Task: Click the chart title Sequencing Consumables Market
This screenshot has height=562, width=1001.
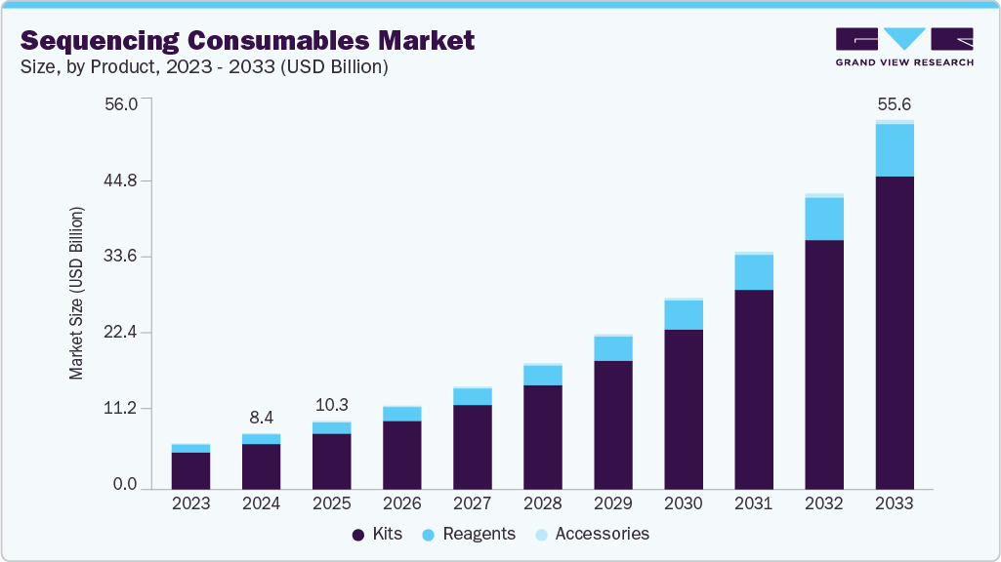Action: coord(247,40)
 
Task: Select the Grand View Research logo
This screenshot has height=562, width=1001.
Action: coord(903,46)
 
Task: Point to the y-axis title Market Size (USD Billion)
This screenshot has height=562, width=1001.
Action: coord(76,293)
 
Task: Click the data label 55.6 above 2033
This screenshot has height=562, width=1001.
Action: coord(894,104)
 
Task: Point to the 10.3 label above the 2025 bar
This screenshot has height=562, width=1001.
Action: coord(331,405)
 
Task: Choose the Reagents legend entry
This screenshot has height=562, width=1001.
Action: coord(469,534)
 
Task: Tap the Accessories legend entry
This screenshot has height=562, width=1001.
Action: coord(592,534)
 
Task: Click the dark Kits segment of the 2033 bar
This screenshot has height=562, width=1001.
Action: coord(894,332)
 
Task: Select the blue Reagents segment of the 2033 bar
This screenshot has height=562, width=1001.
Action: coord(894,150)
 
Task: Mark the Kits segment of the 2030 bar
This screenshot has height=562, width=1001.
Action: coord(683,409)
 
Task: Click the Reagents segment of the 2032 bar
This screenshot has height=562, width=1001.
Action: coord(823,219)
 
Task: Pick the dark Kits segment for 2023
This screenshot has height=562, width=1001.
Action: coord(190,470)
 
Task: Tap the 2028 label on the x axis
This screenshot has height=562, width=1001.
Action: coord(542,503)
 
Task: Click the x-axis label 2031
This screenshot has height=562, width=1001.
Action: coord(753,503)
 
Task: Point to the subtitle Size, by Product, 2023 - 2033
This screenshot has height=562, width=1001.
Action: coord(205,67)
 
